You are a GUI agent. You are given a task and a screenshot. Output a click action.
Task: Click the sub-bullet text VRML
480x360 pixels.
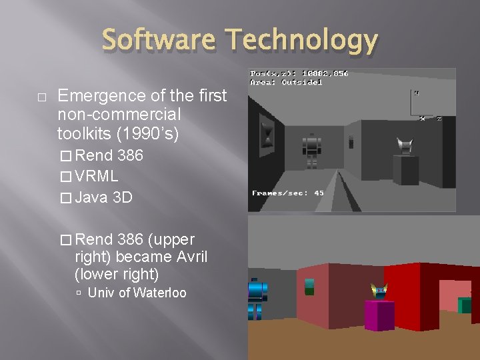coord(97,176)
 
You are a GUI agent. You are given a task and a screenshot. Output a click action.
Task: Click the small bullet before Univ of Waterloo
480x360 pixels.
coord(79,293)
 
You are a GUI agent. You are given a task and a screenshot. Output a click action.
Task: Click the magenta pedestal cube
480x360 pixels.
coord(379,314)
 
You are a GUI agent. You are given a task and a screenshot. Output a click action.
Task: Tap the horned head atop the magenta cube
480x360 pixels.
coord(379,291)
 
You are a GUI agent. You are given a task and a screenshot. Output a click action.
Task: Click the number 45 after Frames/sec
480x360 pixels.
coord(319,193)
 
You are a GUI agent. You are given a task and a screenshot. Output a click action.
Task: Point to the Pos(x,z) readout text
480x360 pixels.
coord(299,73)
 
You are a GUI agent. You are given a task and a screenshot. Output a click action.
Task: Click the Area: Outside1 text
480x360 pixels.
coord(286,82)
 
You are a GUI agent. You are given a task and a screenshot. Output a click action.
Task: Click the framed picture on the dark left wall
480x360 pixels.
coord(267,133)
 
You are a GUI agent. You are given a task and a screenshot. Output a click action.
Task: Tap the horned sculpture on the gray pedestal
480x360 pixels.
coord(405,145)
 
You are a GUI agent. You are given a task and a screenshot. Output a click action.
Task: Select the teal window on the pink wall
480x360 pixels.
coord(309,287)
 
